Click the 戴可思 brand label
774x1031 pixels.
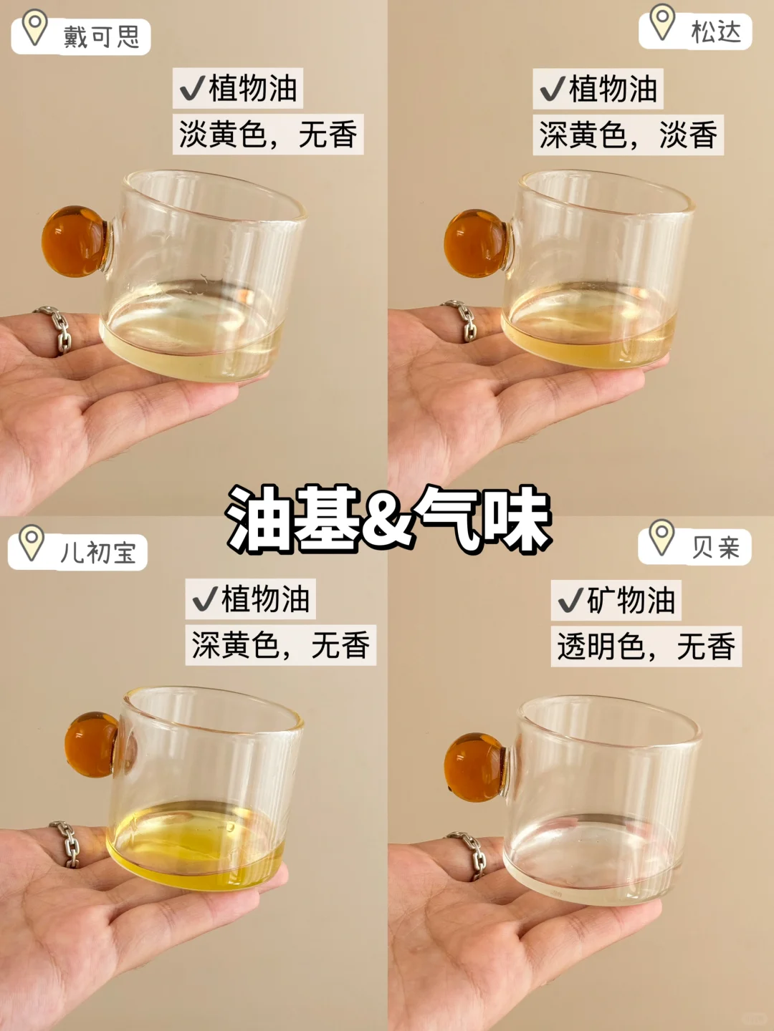(x=102, y=37)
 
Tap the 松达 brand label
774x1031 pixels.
(x=716, y=32)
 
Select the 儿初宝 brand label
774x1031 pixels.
(x=98, y=552)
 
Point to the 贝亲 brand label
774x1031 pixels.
(x=716, y=548)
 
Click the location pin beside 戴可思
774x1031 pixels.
(x=35, y=28)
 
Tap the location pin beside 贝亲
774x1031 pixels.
(x=661, y=537)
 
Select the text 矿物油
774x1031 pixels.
(x=631, y=600)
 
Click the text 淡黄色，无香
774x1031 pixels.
(x=268, y=135)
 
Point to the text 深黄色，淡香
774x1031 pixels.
(x=629, y=135)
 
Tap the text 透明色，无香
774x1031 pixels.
(x=646, y=647)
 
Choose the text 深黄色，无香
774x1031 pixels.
(x=280, y=645)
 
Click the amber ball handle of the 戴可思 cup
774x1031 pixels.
(x=76, y=241)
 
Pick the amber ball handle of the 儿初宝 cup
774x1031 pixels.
(x=92, y=745)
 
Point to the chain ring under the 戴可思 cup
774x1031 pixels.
(x=57, y=329)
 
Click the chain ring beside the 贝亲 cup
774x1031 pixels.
(x=470, y=855)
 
